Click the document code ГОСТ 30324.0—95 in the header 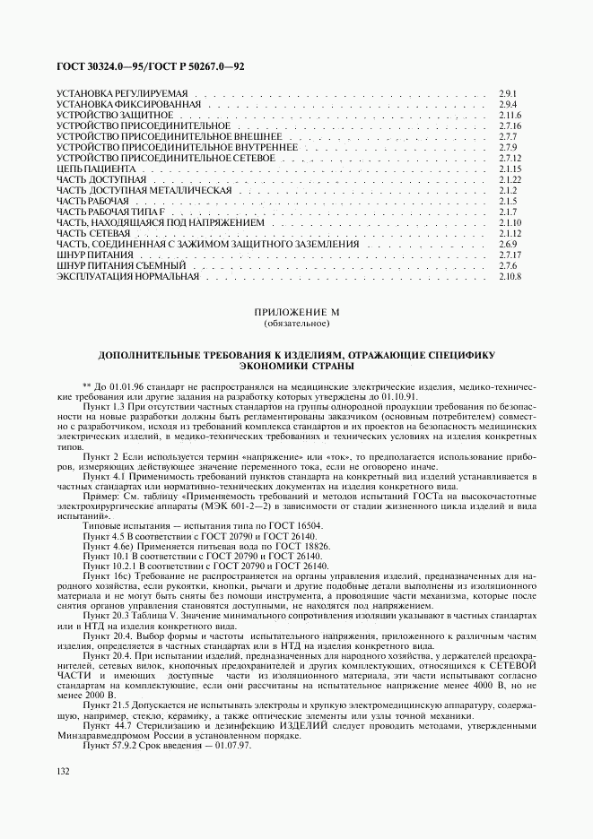coord(99,68)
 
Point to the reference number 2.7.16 coord(510,126)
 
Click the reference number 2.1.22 coord(510,180)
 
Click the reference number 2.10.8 coord(510,276)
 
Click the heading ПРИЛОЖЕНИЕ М coord(297,312)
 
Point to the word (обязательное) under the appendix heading coord(297,323)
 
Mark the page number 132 coord(63,772)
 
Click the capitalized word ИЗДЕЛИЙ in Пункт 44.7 coord(326,726)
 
